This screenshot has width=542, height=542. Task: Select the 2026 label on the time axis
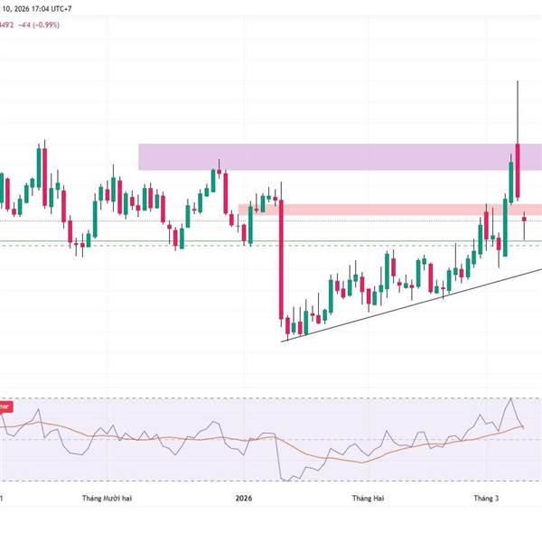pos(243,498)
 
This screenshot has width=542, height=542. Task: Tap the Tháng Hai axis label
pos(369,498)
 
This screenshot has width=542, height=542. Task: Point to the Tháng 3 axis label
pos(489,498)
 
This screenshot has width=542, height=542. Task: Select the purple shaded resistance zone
pos(316,156)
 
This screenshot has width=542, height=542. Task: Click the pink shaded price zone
pos(379,209)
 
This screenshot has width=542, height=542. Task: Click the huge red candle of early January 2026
pos(281,262)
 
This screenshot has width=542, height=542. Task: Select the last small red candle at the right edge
pos(525,218)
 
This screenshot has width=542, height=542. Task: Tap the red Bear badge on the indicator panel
pos(5,406)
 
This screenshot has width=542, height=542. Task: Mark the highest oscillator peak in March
pos(512,398)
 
